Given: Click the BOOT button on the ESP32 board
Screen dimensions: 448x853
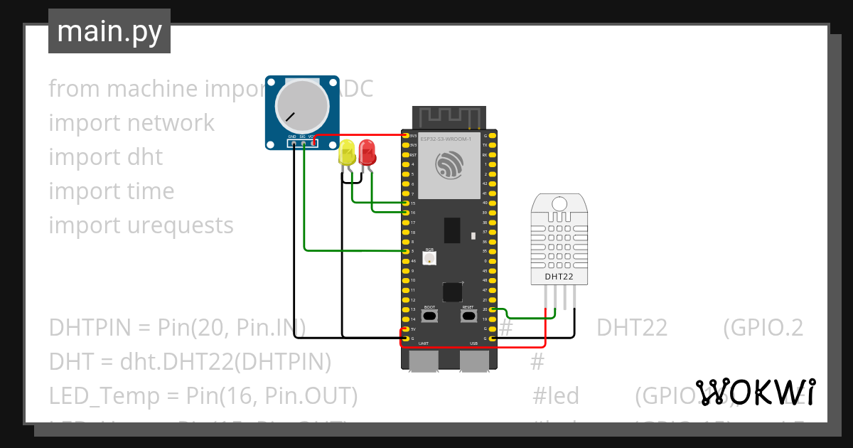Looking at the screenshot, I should click(x=429, y=316).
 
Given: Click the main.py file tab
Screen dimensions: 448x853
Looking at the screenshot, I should click(x=109, y=31).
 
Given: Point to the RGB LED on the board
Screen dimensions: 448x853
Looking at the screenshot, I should click(x=429, y=259).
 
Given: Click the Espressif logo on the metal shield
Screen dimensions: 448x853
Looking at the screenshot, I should click(x=449, y=166).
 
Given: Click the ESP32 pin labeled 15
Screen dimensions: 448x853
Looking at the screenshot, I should click(x=405, y=203).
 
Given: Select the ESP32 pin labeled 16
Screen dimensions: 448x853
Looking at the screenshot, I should click(x=405, y=213).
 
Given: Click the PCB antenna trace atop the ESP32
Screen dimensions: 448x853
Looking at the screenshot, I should click(x=449, y=116).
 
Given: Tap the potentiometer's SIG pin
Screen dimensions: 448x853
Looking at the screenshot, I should click(x=304, y=143).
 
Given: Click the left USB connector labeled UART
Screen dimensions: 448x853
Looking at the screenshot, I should click(x=424, y=361).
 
